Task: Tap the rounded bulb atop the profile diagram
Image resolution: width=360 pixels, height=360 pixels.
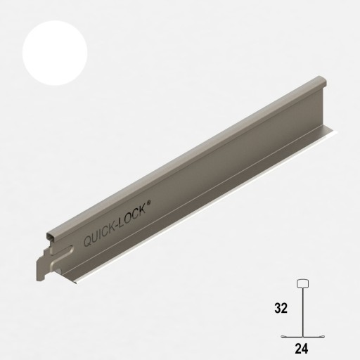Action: pyautogui.click(x=304, y=285)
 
